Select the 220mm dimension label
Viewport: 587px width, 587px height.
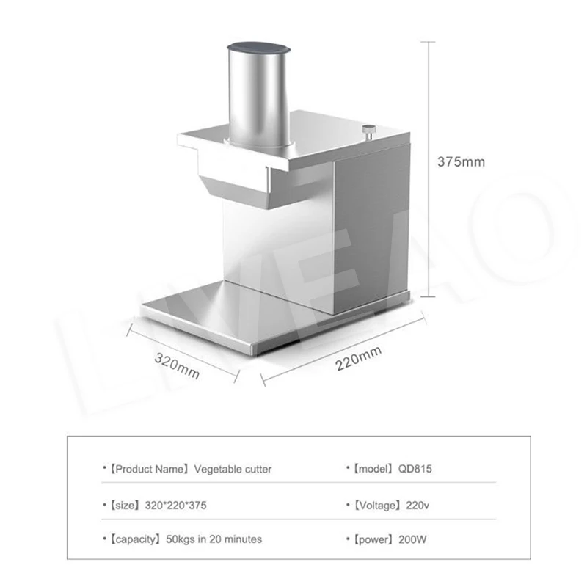pos(359,359)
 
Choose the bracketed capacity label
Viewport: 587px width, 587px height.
pos(135,539)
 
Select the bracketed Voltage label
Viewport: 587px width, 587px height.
pos(374,506)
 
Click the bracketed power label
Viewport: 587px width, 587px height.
pos(371,539)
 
